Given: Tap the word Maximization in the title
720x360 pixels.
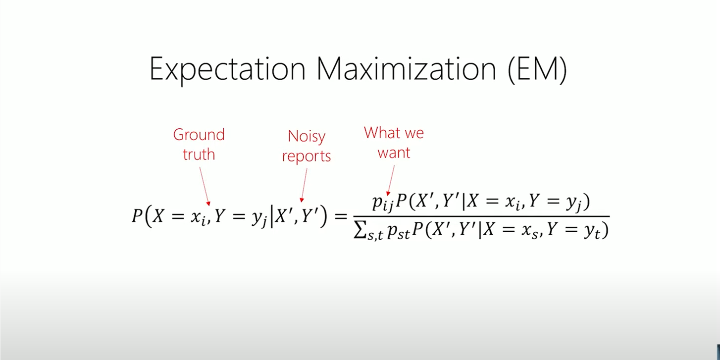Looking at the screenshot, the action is click(x=407, y=69).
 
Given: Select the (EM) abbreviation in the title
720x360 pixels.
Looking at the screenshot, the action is click(x=537, y=69).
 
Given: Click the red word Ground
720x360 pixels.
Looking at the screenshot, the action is click(x=199, y=134).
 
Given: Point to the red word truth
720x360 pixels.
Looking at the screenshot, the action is click(x=199, y=154).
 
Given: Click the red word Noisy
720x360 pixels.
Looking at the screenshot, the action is click(x=307, y=137).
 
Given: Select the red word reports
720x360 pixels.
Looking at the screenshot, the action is click(x=307, y=156).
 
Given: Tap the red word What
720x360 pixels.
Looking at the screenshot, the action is click(x=384, y=132).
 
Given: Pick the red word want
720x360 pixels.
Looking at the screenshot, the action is click(x=394, y=153).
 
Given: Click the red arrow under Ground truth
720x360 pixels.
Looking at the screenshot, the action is click(x=205, y=186).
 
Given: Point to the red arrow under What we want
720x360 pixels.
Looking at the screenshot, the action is click(x=391, y=180).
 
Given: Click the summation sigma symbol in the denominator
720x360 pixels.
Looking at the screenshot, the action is click(x=360, y=230).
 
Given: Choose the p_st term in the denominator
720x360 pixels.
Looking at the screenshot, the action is click(x=399, y=232).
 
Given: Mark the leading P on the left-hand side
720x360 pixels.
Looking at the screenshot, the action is click(x=137, y=215).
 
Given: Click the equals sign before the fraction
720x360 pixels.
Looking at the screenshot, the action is click(x=341, y=216).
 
